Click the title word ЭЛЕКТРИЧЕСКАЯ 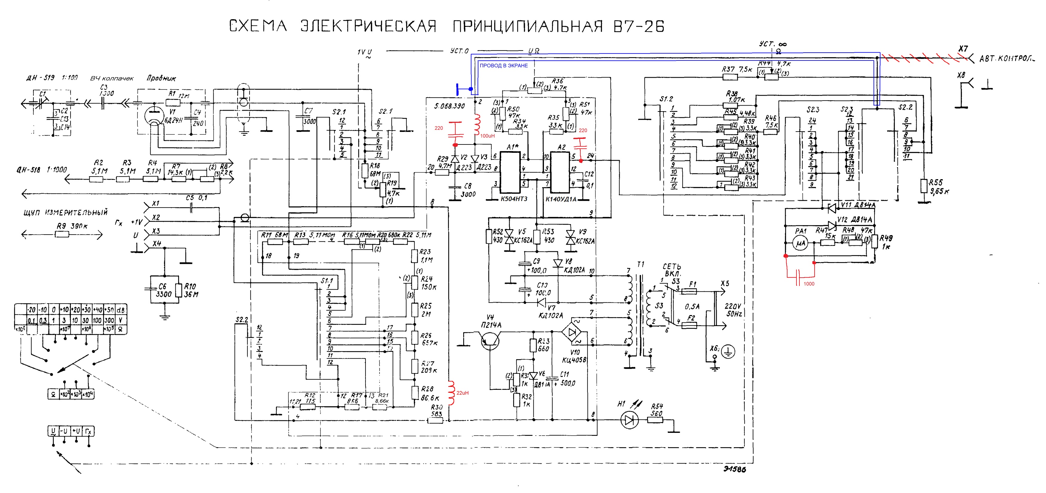(368, 26)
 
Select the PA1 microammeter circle (800, 244)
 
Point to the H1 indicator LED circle (630, 420)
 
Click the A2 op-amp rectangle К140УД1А (560, 173)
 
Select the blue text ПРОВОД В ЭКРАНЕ (504, 66)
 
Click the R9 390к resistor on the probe (62, 234)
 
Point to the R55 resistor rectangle (924, 186)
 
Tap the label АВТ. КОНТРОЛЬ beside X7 (1011, 59)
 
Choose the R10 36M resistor (179, 290)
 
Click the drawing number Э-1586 (734, 469)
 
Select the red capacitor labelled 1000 (798, 276)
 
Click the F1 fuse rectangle (689, 291)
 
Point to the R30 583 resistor (436, 421)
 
